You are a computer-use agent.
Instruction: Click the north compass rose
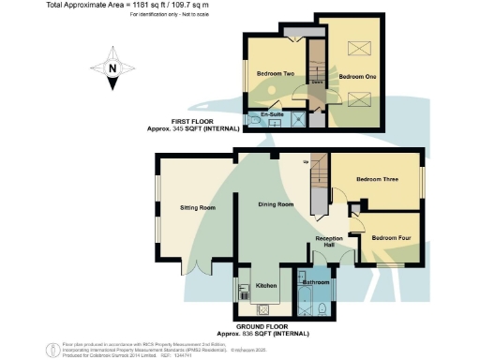111,69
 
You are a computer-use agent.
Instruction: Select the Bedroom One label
358,76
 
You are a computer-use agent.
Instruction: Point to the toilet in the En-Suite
255,121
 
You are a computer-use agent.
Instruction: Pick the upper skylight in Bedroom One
360,51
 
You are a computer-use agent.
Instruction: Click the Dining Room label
278,204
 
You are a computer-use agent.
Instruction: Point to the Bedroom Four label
390,238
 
